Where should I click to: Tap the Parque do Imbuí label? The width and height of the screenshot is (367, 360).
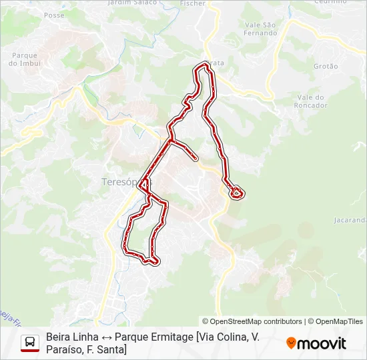pyautogui.click(x=25, y=59)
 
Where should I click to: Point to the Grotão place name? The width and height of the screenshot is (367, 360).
pyautogui.click(x=326, y=66)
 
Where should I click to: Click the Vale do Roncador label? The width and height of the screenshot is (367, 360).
pyautogui.click(x=311, y=101)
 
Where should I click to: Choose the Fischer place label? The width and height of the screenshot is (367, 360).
pyautogui.click(x=192, y=3)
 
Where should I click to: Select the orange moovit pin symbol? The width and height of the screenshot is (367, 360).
pyautogui.click(x=291, y=343)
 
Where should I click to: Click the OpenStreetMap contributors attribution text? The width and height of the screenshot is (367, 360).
pyautogui.click(x=252, y=321)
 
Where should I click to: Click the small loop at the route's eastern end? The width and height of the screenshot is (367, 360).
pyautogui.click(x=236, y=193)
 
